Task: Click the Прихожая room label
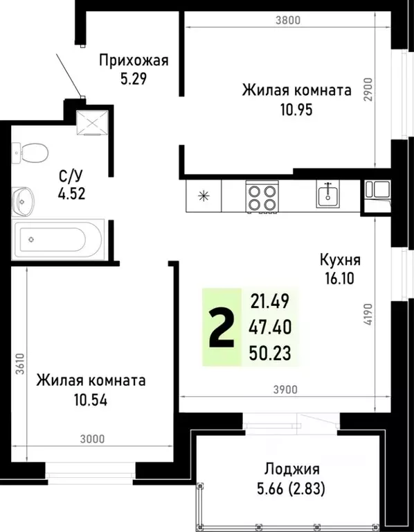click(x=134, y=60)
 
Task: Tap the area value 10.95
click(x=296, y=109)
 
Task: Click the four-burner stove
click(x=262, y=195)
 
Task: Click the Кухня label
click(x=341, y=260)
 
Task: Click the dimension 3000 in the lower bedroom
click(x=91, y=438)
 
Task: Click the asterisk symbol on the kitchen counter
click(x=204, y=195)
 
